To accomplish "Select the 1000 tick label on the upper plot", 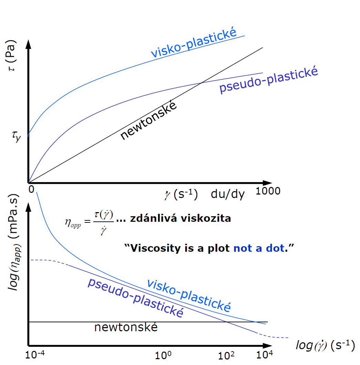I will point(268,191).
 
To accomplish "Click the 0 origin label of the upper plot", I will point(31,189).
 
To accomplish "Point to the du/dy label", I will point(227,194).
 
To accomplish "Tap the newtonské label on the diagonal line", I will point(149,120).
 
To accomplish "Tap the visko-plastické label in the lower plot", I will point(189,295).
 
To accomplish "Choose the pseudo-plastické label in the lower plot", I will point(135,297).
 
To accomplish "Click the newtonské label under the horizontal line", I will point(126,327).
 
